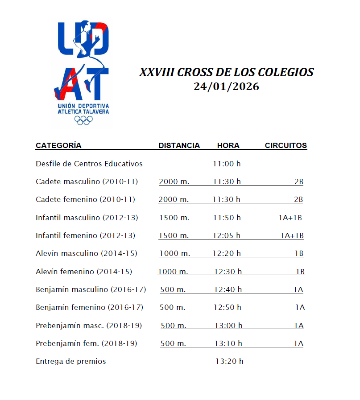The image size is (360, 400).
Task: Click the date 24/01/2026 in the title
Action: (226, 87)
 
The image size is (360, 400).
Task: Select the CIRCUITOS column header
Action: (286, 145)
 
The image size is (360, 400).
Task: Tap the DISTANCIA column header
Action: (179, 145)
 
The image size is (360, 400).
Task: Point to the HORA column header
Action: (228, 145)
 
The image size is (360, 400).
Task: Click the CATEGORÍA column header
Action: (58, 145)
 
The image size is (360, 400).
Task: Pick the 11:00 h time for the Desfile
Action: (227, 164)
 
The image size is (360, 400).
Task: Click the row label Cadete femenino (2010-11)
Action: (85, 199)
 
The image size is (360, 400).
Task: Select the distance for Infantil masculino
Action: (174, 218)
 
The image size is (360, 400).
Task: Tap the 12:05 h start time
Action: (226, 235)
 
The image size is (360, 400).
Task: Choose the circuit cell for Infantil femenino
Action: (292, 235)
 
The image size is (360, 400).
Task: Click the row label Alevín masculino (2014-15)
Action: (87, 253)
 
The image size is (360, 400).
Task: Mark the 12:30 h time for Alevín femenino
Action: (228, 272)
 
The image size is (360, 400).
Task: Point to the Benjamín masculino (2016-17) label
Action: (91, 289)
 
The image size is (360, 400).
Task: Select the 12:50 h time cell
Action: (228, 307)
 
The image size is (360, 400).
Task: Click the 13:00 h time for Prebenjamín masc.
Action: (228, 326)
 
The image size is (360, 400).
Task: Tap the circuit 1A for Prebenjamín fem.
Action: (298, 343)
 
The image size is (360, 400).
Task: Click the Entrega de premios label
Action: (71, 361)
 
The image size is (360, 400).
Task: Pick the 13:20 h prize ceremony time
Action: (229, 361)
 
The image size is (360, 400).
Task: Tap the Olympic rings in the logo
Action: (83, 120)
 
